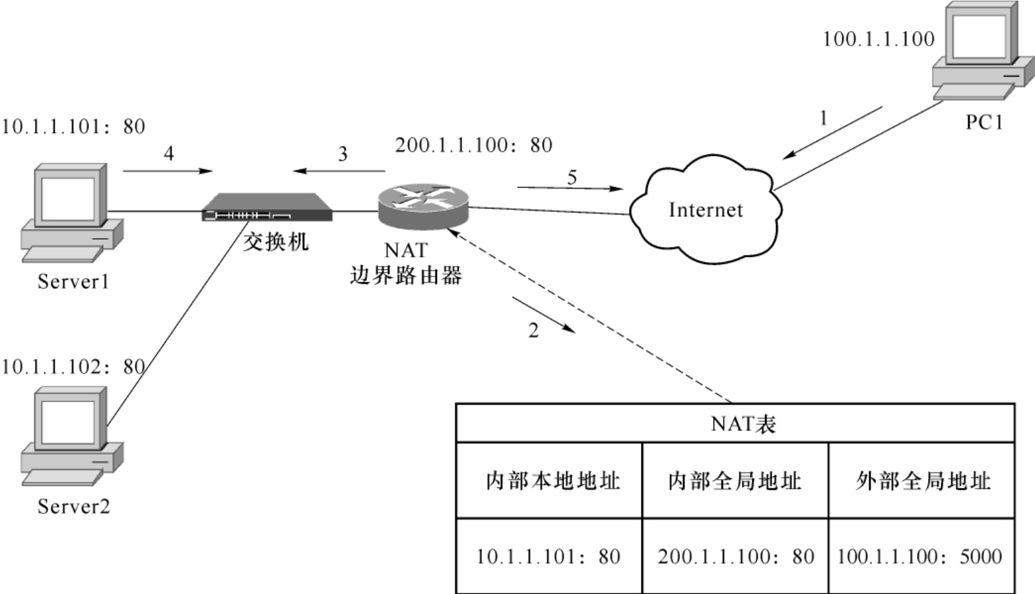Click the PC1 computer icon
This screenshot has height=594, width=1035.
982,51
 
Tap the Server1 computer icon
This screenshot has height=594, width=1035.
71,213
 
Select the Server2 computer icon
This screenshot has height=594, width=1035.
71,436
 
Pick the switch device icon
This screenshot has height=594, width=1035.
267,207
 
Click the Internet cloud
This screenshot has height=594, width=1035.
705,209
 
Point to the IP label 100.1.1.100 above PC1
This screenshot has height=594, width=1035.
878,40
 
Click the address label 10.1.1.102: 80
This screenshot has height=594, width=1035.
73,366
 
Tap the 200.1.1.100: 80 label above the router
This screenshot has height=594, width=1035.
473,145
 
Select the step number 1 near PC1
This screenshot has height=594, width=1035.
823,118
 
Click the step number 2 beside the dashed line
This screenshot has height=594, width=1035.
533,330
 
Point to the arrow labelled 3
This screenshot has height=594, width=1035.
339,171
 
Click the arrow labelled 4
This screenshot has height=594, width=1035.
168,171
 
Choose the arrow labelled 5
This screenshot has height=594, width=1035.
570,188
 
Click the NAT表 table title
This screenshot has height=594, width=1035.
743,424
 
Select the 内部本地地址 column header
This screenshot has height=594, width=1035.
552,480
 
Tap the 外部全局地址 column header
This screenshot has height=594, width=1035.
923,480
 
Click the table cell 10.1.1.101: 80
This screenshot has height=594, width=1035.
548,556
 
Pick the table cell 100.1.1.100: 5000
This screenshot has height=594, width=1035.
919,556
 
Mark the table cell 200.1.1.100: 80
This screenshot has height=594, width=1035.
735,556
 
